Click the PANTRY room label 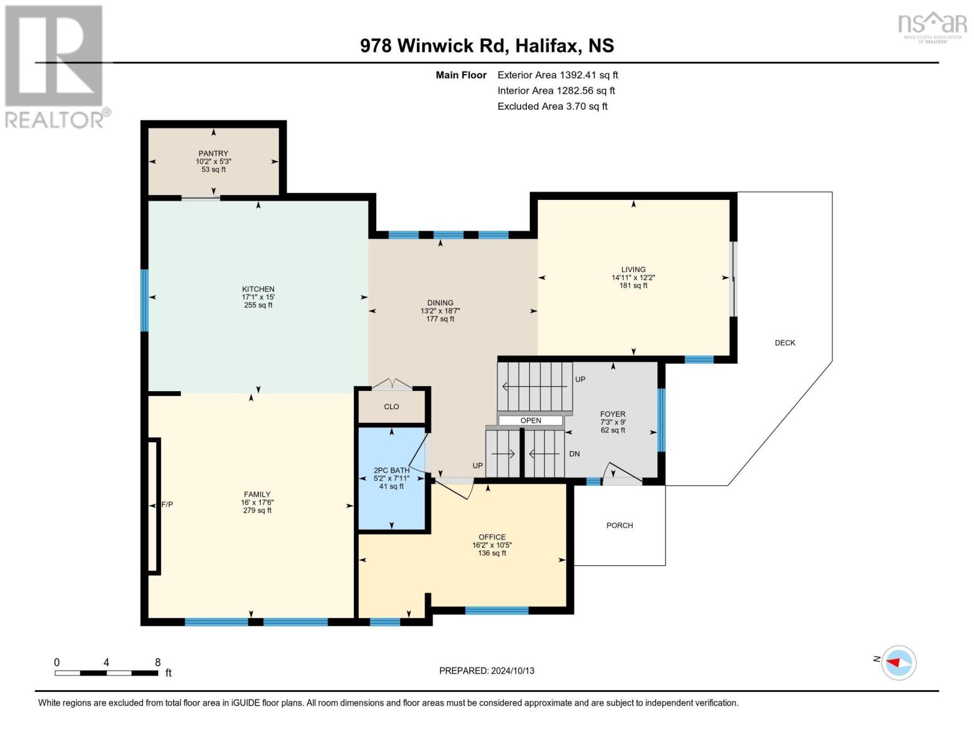pos(213,154)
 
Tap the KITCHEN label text pos(258,290)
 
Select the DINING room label pos(440,303)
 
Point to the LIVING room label pos(633,269)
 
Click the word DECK pos(785,343)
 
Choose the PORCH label pos(620,526)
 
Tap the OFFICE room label pos(492,537)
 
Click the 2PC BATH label pos(391,471)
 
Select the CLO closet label pos(391,407)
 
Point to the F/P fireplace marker pos(167,504)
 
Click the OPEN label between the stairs pos(531,420)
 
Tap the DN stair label pos(574,454)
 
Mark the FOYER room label pos(613,414)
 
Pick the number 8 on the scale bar pos(157,662)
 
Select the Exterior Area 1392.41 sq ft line pos(558,75)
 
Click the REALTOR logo pos(55,66)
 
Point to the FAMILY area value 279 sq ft pos(257,511)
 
